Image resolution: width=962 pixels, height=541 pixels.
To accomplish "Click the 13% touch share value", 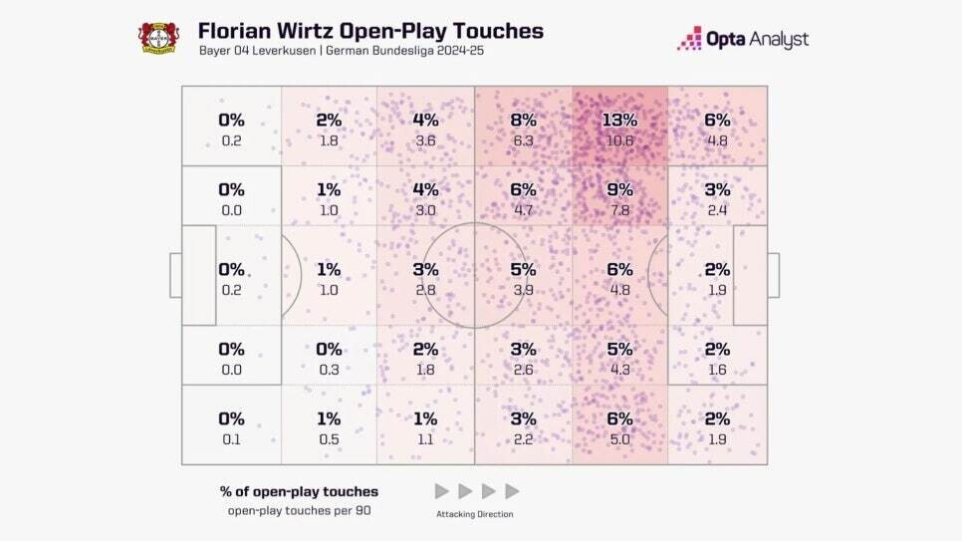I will click(619, 120).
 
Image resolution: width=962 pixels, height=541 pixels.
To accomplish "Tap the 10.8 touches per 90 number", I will click(619, 140).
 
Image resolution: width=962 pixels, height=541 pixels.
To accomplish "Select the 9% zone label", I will click(619, 189).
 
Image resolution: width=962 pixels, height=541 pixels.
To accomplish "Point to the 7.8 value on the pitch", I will click(619, 210).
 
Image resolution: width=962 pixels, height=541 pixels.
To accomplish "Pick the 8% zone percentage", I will click(523, 120).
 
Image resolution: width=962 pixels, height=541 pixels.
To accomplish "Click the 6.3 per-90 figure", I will click(523, 140).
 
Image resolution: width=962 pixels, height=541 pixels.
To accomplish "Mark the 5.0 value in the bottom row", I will click(619, 439).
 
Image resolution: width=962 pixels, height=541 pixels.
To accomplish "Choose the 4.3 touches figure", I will click(619, 370).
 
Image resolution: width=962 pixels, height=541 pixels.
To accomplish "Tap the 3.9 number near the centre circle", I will click(523, 290).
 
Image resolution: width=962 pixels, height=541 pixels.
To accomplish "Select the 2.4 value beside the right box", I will click(716, 210).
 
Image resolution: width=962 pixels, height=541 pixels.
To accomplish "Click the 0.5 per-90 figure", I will click(329, 439).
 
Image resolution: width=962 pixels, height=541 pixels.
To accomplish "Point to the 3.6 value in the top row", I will click(425, 140).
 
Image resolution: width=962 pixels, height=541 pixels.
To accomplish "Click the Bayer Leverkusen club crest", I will click(157, 37).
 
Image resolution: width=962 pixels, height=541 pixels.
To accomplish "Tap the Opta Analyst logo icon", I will click(690, 39).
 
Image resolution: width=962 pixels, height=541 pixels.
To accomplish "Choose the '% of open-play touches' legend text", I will click(299, 491).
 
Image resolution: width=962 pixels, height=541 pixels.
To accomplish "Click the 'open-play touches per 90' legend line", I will click(299, 511).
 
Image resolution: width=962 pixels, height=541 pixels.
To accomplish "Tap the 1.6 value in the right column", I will click(716, 370).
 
